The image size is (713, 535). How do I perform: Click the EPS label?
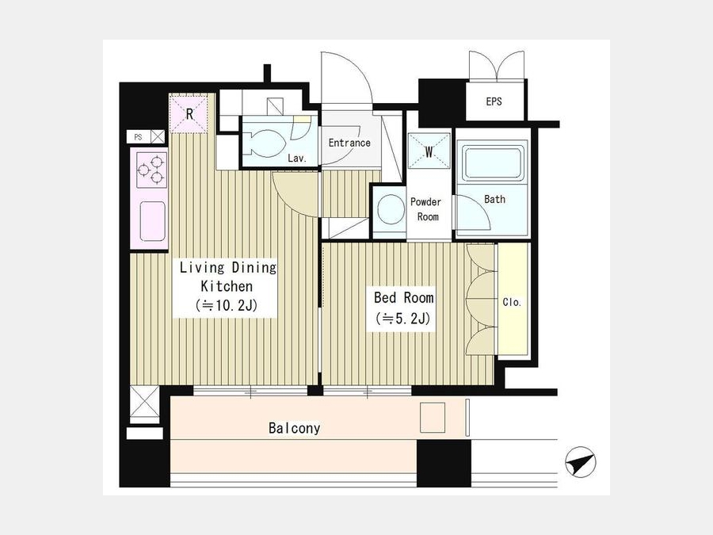point(494,101)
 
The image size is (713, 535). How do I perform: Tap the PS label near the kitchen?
point(138,137)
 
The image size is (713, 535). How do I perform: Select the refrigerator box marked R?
point(189,113)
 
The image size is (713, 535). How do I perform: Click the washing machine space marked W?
point(429,151)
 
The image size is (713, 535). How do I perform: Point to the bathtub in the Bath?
point(492,163)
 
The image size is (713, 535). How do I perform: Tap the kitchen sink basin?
point(152,221)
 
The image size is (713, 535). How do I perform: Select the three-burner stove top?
point(151,170)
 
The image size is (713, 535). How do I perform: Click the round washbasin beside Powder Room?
point(391,208)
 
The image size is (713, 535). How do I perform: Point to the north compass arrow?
point(581,462)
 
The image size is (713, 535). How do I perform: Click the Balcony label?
point(294,428)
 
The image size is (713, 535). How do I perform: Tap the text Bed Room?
point(404,297)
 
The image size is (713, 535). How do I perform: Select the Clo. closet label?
point(512,302)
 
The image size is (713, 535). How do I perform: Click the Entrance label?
point(349,143)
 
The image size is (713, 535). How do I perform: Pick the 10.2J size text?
point(227,305)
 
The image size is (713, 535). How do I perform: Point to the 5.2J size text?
point(403,319)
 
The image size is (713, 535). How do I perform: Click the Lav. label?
point(297,159)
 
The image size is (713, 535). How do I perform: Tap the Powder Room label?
point(425,209)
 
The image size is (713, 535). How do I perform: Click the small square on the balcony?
point(433,418)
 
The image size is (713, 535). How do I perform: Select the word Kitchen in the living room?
point(227,286)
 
